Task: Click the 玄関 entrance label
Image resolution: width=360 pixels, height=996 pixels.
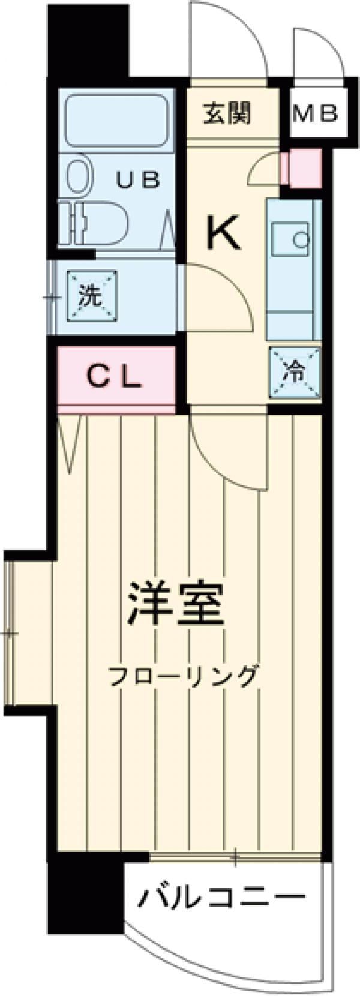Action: pyautogui.click(x=227, y=113)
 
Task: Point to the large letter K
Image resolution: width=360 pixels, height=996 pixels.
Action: pyautogui.click(x=224, y=234)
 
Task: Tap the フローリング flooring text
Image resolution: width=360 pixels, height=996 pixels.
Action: pyautogui.click(x=182, y=676)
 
